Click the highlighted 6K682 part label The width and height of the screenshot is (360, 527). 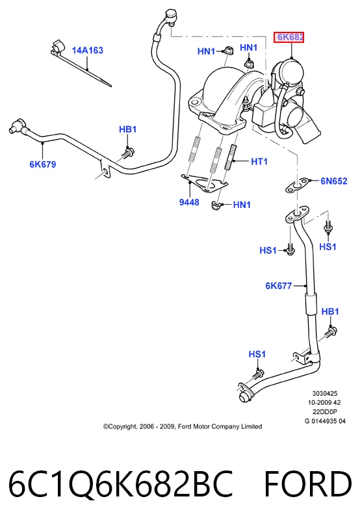coord(289,37)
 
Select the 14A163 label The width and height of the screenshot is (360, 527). coord(87,51)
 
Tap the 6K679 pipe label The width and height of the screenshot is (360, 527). coord(43,164)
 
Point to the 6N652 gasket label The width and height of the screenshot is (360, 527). coord(333,181)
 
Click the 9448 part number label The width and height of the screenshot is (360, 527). coord(189,202)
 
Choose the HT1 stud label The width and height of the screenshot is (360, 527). coord(259,162)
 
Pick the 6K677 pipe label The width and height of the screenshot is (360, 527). coord(279,286)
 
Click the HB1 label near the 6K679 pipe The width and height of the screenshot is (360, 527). coord(128,129)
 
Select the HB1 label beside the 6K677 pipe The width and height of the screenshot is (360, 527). coord(330,311)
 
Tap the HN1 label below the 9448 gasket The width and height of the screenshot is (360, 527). coord(242,205)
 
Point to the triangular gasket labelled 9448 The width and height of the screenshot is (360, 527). coord(204,183)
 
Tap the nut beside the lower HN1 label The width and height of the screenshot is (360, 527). coord(215,205)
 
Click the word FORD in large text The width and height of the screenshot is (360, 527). coord(308,484)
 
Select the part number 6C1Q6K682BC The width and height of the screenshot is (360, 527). coord(120,484)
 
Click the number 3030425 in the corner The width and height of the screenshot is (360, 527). coord(325,393)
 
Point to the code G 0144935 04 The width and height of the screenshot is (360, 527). coord(325,421)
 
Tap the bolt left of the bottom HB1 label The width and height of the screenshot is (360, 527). coord(330,333)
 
